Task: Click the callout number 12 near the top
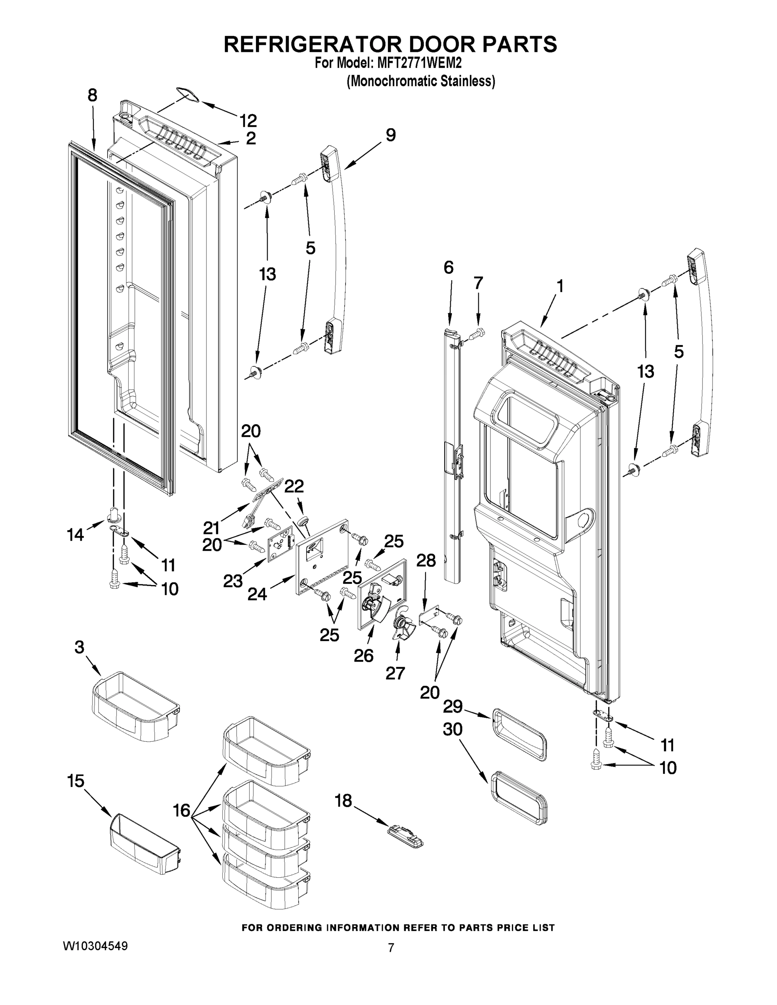248,121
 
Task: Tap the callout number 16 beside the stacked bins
182,810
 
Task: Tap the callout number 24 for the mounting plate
257,594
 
